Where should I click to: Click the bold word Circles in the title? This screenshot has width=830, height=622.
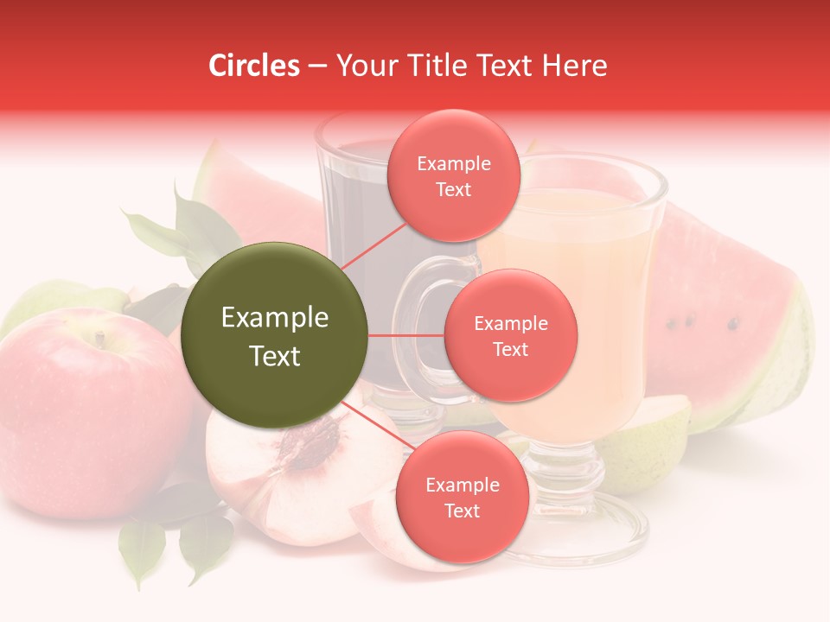253,66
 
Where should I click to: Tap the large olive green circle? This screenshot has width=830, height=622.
274,335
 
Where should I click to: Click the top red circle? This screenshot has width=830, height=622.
454,175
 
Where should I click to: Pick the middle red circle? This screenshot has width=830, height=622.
511,335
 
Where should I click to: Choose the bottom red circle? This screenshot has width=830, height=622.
462,497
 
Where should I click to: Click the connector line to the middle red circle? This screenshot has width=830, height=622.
406,335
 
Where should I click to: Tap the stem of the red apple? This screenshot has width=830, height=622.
100,340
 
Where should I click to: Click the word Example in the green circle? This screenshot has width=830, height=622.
274,318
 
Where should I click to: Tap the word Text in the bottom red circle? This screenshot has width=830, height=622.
462,511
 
